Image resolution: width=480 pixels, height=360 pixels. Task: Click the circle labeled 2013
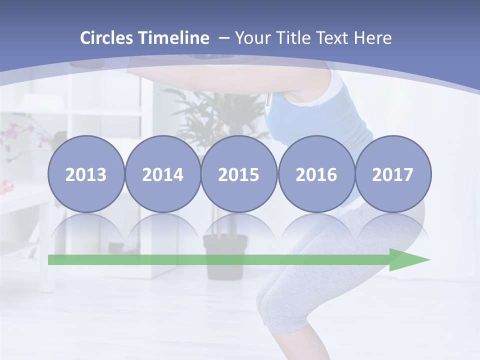(86, 174)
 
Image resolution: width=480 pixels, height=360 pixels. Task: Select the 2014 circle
(162, 174)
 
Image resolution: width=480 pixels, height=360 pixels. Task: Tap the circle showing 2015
(239, 174)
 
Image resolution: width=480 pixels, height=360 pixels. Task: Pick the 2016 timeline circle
(316, 174)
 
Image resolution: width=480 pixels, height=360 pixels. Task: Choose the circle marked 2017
(392, 174)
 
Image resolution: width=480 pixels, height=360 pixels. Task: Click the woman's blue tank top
(345, 120)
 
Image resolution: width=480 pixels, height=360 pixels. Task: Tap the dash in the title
(224, 38)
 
